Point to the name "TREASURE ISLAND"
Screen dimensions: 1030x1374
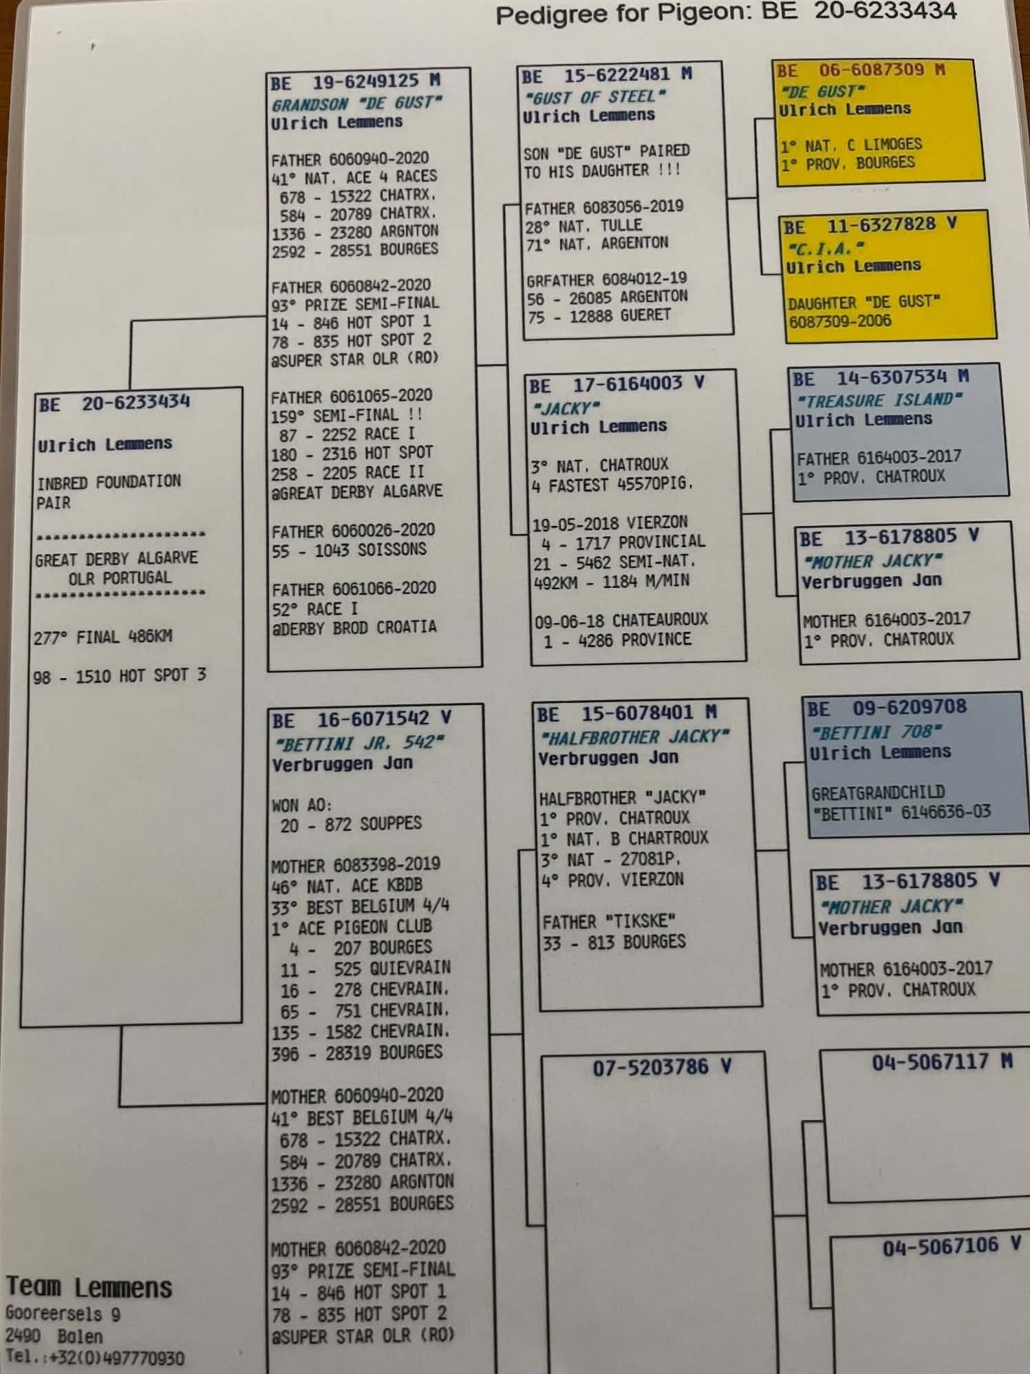(879, 400)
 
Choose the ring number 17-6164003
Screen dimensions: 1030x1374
(627, 384)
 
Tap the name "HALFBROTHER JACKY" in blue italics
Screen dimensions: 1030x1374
(634, 737)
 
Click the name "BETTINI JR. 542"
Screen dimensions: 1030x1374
(358, 743)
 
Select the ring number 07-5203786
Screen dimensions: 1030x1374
(650, 1068)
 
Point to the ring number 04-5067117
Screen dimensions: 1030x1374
(930, 1062)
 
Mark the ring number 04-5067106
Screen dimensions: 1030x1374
(941, 1246)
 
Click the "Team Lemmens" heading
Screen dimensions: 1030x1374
(89, 1287)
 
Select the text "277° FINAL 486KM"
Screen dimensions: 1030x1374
(103, 637)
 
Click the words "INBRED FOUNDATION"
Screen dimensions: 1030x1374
(109, 481)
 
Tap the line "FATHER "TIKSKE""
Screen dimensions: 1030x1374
(609, 922)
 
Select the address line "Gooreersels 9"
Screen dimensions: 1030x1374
(63, 1313)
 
